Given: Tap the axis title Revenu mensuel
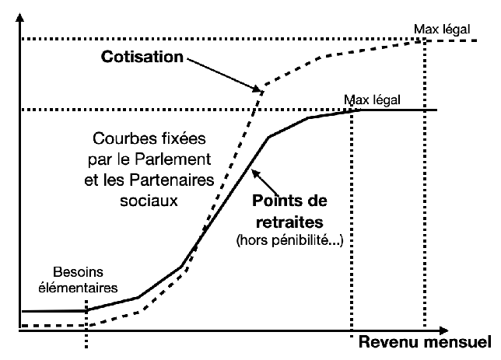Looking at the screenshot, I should [x=424, y=342].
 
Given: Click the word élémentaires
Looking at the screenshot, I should [x=86, y=287].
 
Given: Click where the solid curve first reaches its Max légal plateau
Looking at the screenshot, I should [x=359, y=110].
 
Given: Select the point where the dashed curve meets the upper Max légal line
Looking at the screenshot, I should [x=426, y=40].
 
